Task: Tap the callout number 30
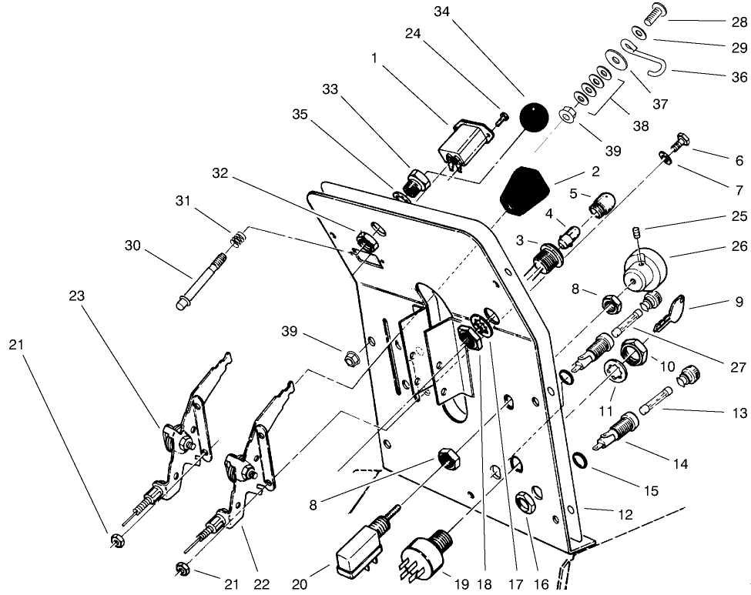coord(134,246)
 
